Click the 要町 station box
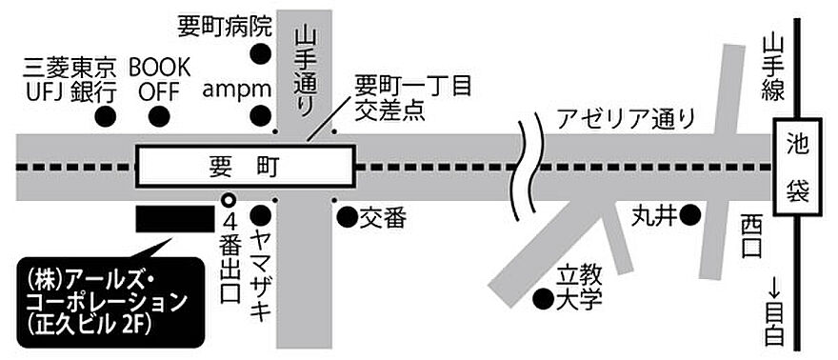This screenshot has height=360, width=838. [246, 167]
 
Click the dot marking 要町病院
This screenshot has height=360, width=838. [258, 53]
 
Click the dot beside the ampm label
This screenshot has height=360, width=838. [259, 117]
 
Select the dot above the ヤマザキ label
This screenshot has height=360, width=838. [259, 217]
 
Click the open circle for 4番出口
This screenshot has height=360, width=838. [228, 201]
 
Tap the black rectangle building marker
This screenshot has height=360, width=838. [174, 219]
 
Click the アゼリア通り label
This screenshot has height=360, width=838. [628, 120]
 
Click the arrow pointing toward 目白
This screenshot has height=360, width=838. [773, 286]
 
